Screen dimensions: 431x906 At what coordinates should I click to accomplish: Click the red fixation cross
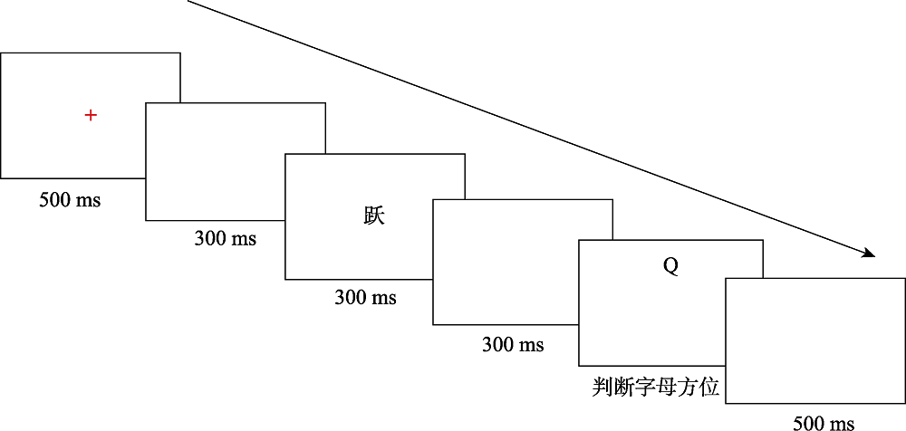click(91, 115)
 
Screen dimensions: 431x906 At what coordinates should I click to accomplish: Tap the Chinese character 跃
click(374, 216)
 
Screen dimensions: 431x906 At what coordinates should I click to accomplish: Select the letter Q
click(670, 266)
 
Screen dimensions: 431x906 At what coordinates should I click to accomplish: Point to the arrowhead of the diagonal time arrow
click(872, 254)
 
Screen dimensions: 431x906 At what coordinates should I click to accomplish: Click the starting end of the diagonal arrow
click(188, 1)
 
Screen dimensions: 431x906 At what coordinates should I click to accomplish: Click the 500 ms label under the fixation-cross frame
click(70, 200)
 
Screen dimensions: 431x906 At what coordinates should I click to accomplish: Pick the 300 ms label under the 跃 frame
click(365, 297)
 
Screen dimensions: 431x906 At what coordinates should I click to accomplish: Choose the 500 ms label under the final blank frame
click(824, 422)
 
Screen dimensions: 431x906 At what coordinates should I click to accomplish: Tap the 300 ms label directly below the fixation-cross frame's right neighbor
click(225, 239)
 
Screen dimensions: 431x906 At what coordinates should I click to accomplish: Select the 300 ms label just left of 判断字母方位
click(513, 344)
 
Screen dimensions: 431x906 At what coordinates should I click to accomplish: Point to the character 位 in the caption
click(709, 388)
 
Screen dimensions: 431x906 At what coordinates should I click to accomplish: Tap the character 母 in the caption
click(667, 388)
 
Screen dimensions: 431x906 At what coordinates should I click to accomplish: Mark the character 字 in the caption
click(645, 388)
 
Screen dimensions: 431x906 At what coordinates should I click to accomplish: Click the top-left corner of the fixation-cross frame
click(1, 53)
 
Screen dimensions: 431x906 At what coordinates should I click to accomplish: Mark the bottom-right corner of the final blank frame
click(905, 404)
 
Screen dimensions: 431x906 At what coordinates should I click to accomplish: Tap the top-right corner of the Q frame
click(762, 240)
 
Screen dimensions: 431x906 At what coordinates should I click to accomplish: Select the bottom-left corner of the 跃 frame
click(285, 279)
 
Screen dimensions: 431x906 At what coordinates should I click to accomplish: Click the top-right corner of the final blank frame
click(905, 279)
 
